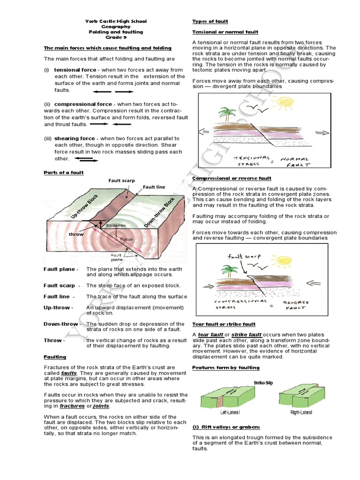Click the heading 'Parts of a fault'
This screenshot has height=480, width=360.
click(x=64, y=172)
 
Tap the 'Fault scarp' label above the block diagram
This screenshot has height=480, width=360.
click(x=121, y=180)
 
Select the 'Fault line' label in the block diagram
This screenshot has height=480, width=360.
click(x=154, y=187)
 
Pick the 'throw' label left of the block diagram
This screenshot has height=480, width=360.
click(x=76, y=234)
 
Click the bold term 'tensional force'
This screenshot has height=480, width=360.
click(x=75, y=69)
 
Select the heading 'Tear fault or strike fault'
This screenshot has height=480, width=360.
click(x=224, y=324)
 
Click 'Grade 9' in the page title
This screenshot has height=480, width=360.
click(x=116, y=37)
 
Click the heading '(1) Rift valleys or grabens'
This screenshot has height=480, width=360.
click(x=226, y=427)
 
